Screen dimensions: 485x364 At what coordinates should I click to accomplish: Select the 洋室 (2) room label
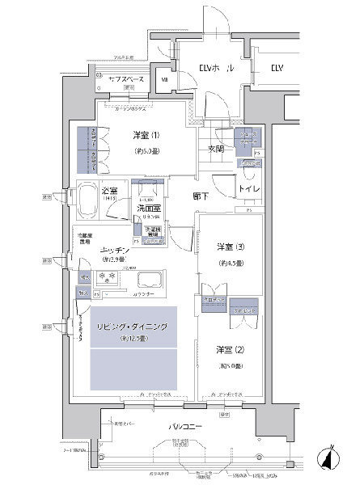[228, 349]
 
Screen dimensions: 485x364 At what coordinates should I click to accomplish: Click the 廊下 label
[203, 196]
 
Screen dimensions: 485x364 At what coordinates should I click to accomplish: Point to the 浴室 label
[110, 189]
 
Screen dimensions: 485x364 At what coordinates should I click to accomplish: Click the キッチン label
[118, 252]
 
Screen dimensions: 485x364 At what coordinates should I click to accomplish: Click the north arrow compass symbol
[330, 458]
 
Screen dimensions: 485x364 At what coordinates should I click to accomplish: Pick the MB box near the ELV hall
[164, 79]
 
